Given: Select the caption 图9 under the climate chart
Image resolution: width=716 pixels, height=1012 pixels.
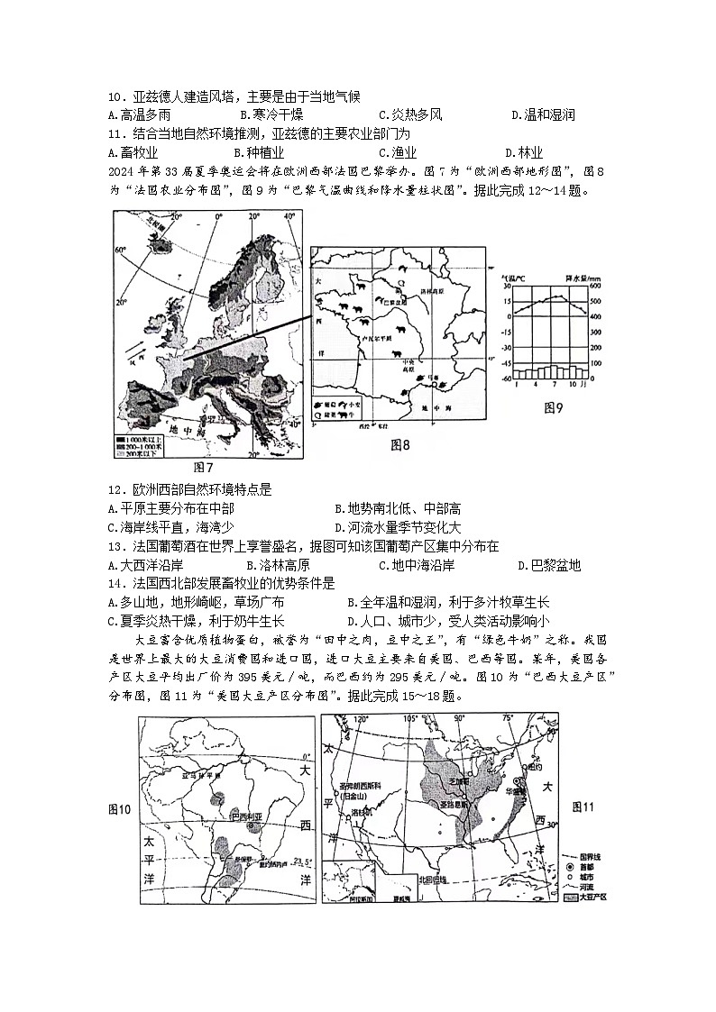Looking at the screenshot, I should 553,408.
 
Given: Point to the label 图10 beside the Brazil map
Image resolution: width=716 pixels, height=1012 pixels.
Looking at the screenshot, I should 119,810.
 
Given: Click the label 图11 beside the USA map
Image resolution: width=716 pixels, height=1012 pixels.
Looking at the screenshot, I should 583,807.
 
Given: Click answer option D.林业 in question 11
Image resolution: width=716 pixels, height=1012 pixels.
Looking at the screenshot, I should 523,152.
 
